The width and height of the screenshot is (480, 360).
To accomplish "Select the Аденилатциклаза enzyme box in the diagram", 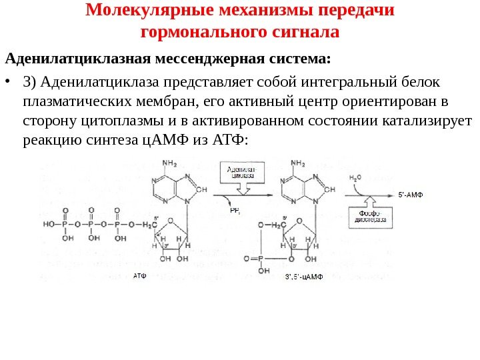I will pyautogui.click(x=241, y=174).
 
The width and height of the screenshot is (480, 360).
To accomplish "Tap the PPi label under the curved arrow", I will pyautogui.click(x=235, y=210).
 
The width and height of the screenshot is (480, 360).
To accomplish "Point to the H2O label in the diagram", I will pyautogui.click(x=356, y=178).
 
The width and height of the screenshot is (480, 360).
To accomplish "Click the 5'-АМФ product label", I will pyautogui.click(x=411, y=195).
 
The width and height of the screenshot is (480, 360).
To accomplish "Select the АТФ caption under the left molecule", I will pyautogui.click(x=139, y=275).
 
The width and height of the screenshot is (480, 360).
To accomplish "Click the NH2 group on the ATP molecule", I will pyautogui.click(x=169, y=163).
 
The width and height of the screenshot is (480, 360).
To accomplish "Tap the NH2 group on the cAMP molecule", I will pyautogui.click(x=298, y=163).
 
